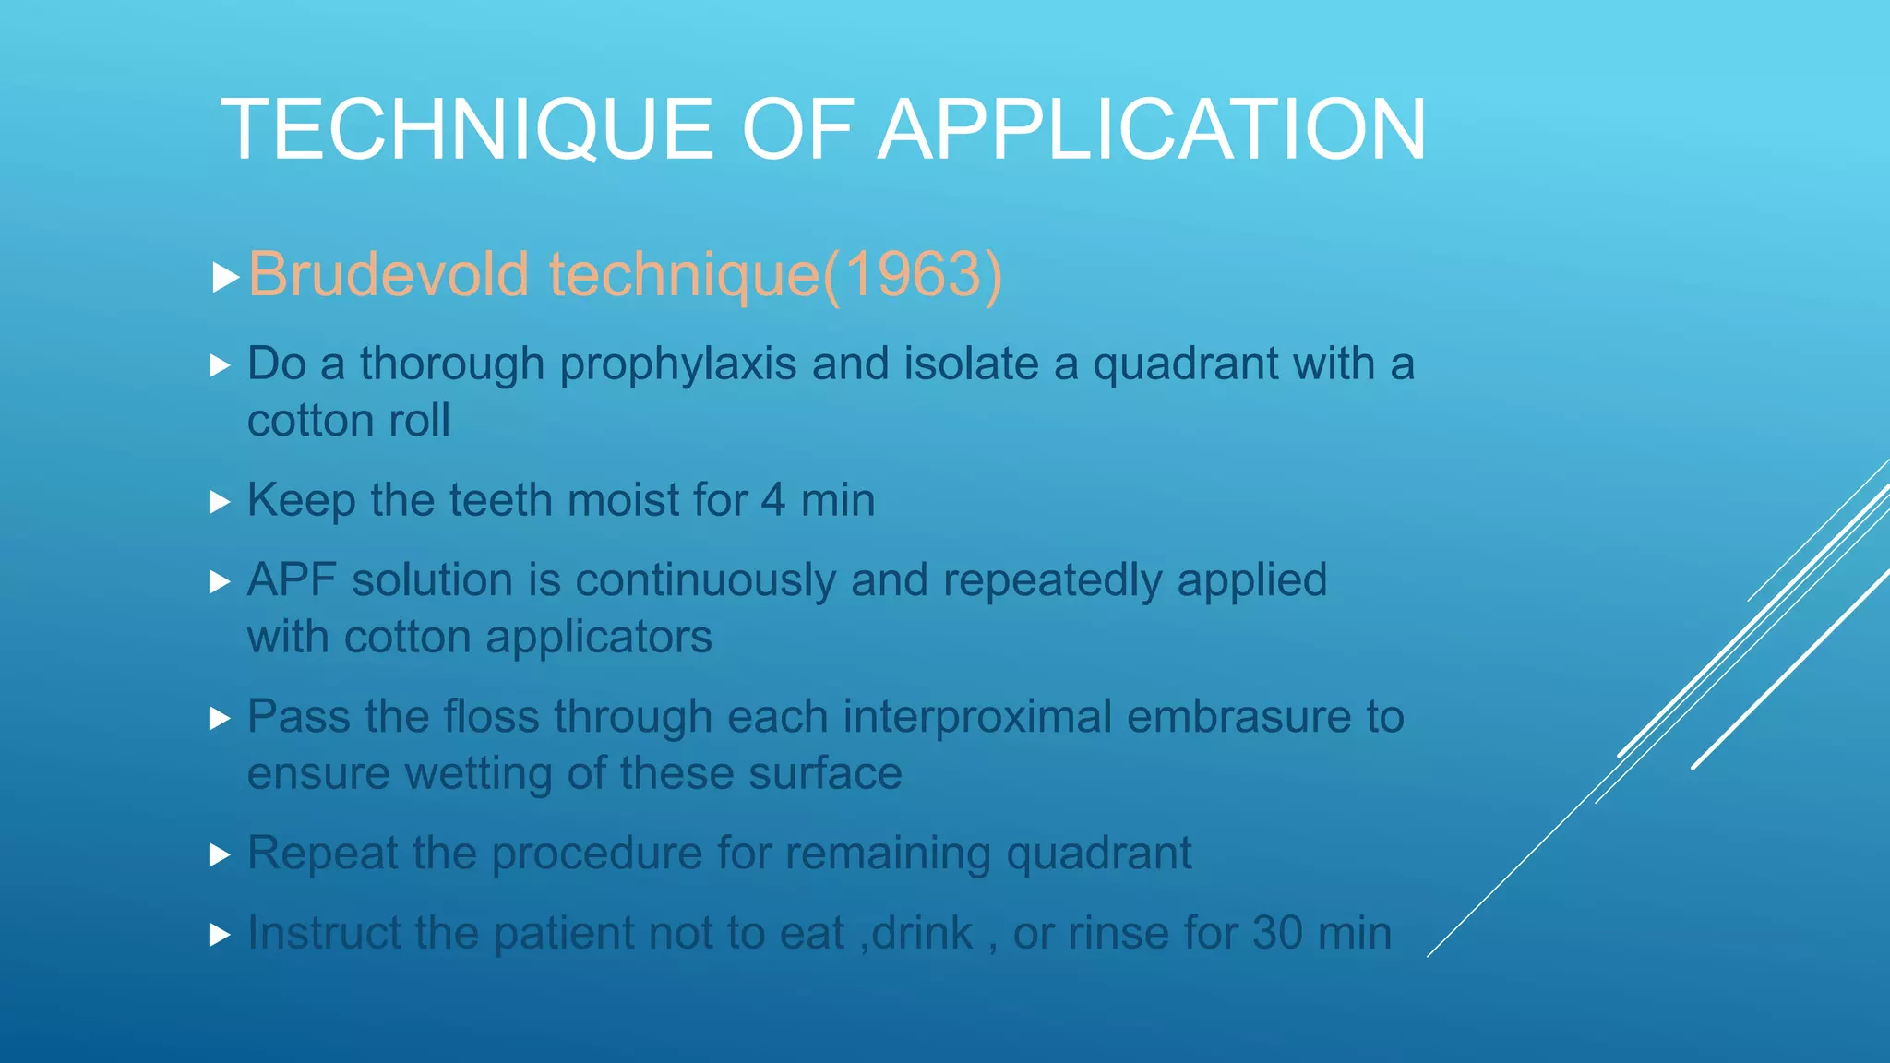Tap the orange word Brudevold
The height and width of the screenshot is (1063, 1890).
click(x=389, y=274)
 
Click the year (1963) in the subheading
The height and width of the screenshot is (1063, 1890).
click(x=912, y=274)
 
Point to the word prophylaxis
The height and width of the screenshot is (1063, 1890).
click(x=678, y=364)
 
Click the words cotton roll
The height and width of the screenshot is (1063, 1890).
click(x=349, y=421)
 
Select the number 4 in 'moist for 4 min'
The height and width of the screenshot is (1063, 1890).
click(x=773, y=500)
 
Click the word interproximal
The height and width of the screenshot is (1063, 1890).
click(x=977, y=717)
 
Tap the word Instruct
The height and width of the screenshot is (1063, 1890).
click(x=324, y=933)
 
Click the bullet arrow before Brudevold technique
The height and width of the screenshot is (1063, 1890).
click(x=224, y=277)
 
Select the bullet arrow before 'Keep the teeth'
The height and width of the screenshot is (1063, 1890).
click(x=220, y=502)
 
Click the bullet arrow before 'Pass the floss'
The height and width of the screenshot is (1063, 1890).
click(x=220, y=719)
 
